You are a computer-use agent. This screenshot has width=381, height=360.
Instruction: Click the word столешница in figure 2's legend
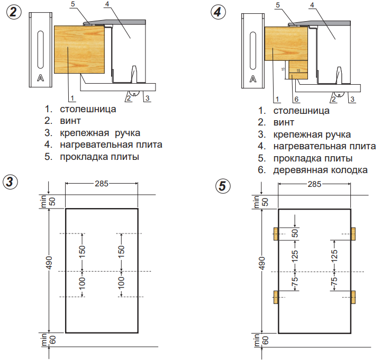87,110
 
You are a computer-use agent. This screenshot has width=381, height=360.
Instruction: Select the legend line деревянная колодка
321,170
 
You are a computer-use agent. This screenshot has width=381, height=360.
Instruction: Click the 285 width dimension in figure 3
102,184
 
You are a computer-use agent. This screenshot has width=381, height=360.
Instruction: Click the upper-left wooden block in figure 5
276,234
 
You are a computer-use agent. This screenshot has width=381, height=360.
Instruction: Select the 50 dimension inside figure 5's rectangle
295,233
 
